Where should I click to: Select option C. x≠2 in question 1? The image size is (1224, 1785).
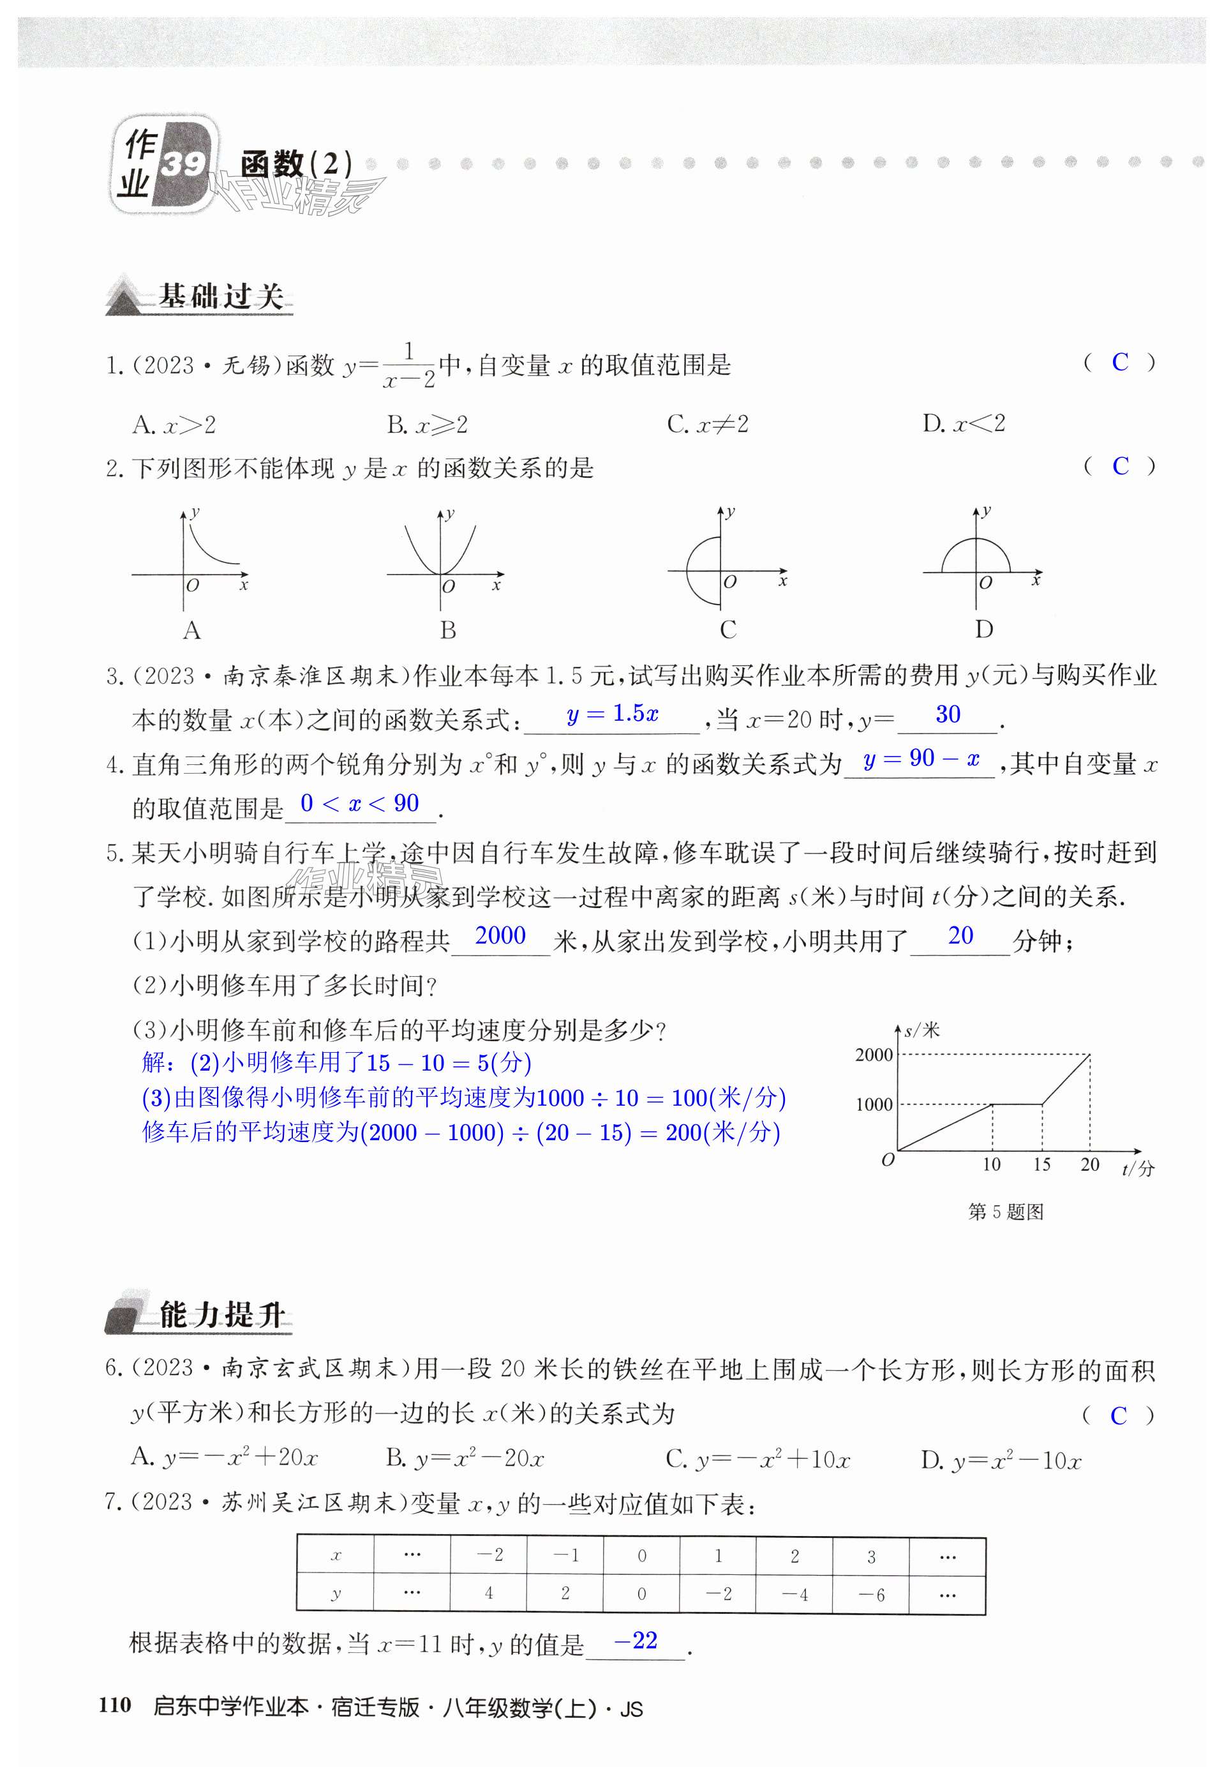(x=707, y=424)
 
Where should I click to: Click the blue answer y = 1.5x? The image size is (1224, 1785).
(x=612, y=714)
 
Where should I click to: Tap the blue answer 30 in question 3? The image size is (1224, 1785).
(x=948, y=714)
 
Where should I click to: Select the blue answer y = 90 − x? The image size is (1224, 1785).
(x=921, y=760)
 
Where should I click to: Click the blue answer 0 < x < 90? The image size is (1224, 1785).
(x=359, y=803)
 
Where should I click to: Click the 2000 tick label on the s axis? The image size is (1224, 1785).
(x=874, y=1055)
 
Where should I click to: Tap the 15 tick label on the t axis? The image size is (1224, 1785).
(x=1041, y=1164)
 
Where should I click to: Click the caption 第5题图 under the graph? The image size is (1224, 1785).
(x=1005, y=1212)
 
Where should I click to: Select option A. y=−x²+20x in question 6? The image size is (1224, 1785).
(x=225, y=1457)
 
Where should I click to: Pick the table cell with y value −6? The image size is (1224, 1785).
(x=870, y=1595)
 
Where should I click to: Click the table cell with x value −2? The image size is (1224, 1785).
(x=489, y=1556)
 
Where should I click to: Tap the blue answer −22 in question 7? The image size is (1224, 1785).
(x=635, y=1641)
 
